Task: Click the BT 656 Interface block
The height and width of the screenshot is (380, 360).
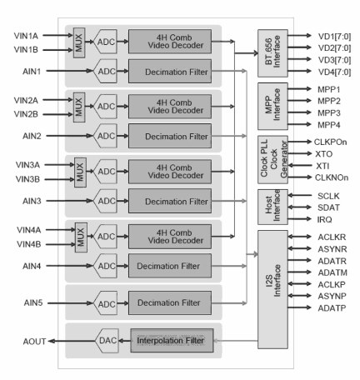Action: coord(269,54)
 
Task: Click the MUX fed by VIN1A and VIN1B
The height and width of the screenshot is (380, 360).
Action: coord(81,42)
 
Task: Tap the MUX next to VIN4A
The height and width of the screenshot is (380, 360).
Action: coord(81,235)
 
